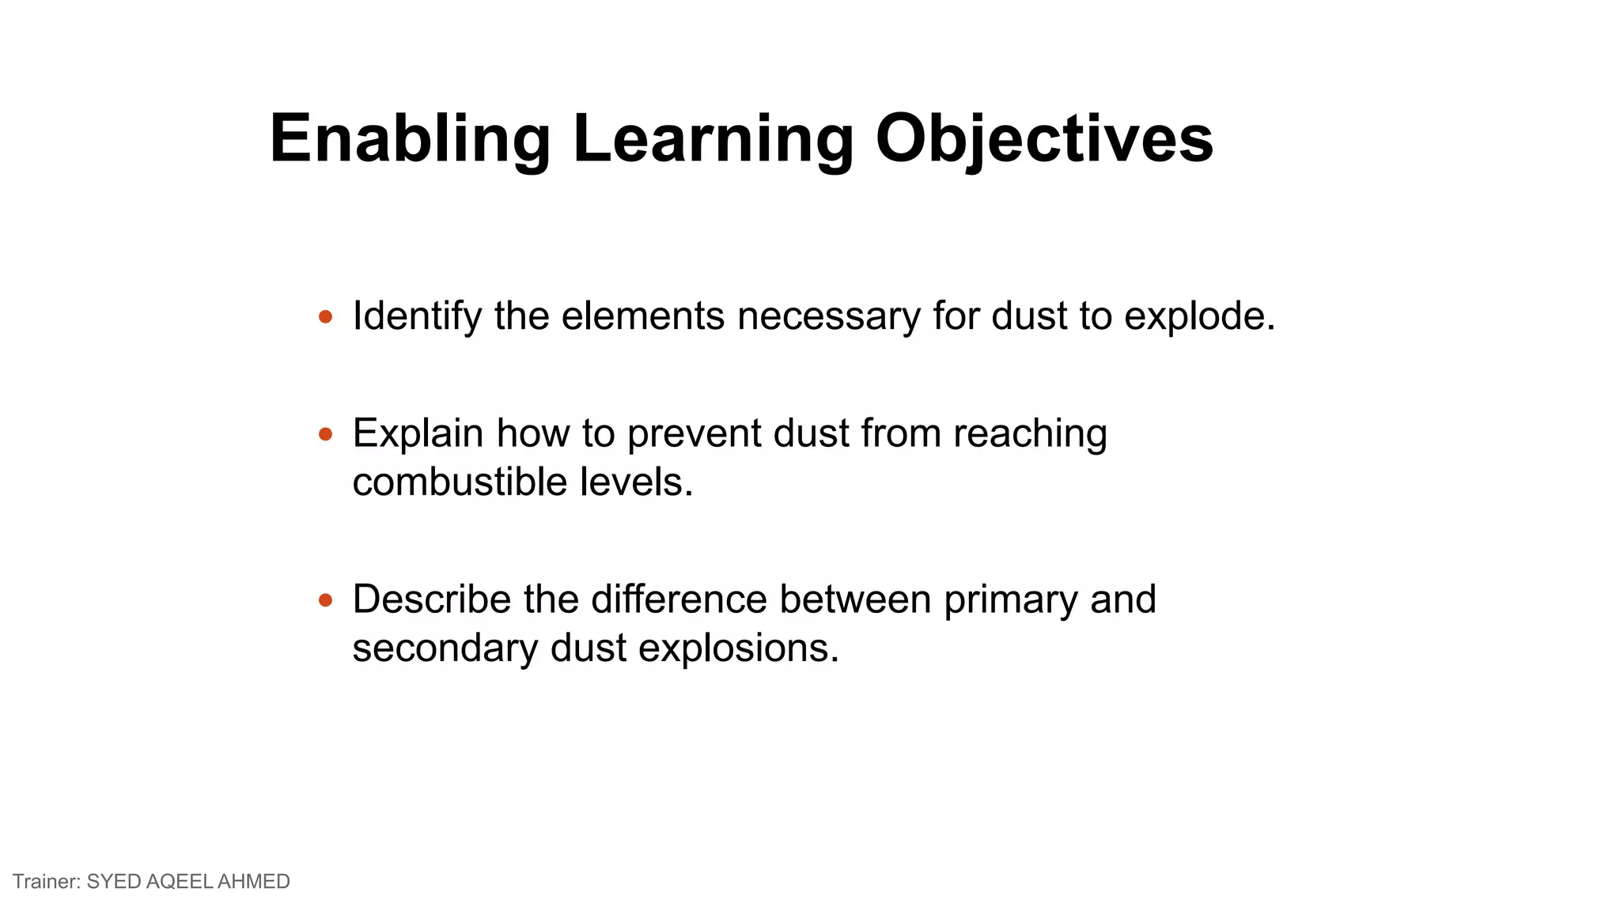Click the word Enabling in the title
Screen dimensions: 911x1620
coord(410,138)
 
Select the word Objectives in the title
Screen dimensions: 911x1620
coord(1044,138)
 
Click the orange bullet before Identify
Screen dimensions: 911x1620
coord(325,317)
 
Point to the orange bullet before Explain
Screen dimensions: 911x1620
coord(325,434)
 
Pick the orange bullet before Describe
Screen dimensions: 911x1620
coord(325,600)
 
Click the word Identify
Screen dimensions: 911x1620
coord(417,316)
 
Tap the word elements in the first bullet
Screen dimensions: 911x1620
coord(642,316)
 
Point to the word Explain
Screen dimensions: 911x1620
coord(418,433)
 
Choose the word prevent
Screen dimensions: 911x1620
coord(694,433)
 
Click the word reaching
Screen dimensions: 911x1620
coord(1030,433)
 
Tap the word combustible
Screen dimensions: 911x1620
coord(460,482)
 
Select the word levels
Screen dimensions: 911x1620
coord(636,482)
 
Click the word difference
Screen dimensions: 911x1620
coord(679,599)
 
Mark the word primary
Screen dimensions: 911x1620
coord(1010,599)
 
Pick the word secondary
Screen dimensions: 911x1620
coord(445,648)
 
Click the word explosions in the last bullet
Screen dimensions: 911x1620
coord(738,648)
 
